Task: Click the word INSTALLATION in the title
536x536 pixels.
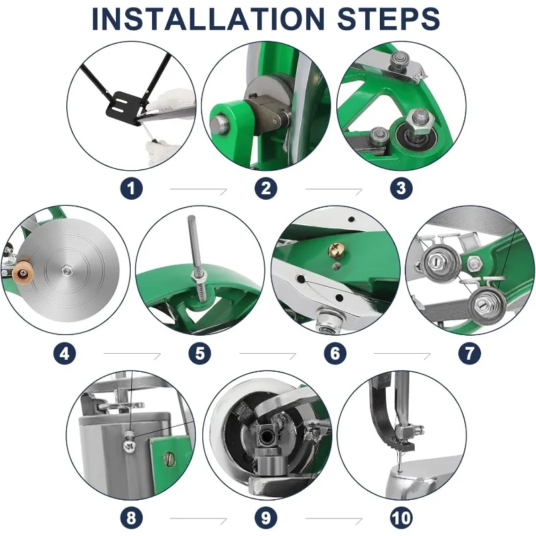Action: point(208,19)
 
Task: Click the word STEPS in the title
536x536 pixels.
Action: point(389,19)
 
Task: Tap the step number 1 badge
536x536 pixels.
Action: point(131,188)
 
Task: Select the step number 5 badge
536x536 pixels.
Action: point(200,353)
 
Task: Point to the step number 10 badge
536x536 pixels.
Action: point(401,518)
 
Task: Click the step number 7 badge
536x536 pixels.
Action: point(470,353)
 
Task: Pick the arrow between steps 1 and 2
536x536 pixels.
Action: point(198,191)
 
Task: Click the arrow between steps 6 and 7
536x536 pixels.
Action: point(402,355)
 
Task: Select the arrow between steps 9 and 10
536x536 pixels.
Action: point(334,520)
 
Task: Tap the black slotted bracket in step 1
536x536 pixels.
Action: point(123,107)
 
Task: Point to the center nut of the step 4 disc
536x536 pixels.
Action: point(66,271)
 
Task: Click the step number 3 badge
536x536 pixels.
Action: point(401,188)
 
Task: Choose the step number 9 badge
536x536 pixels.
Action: point(266,518)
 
